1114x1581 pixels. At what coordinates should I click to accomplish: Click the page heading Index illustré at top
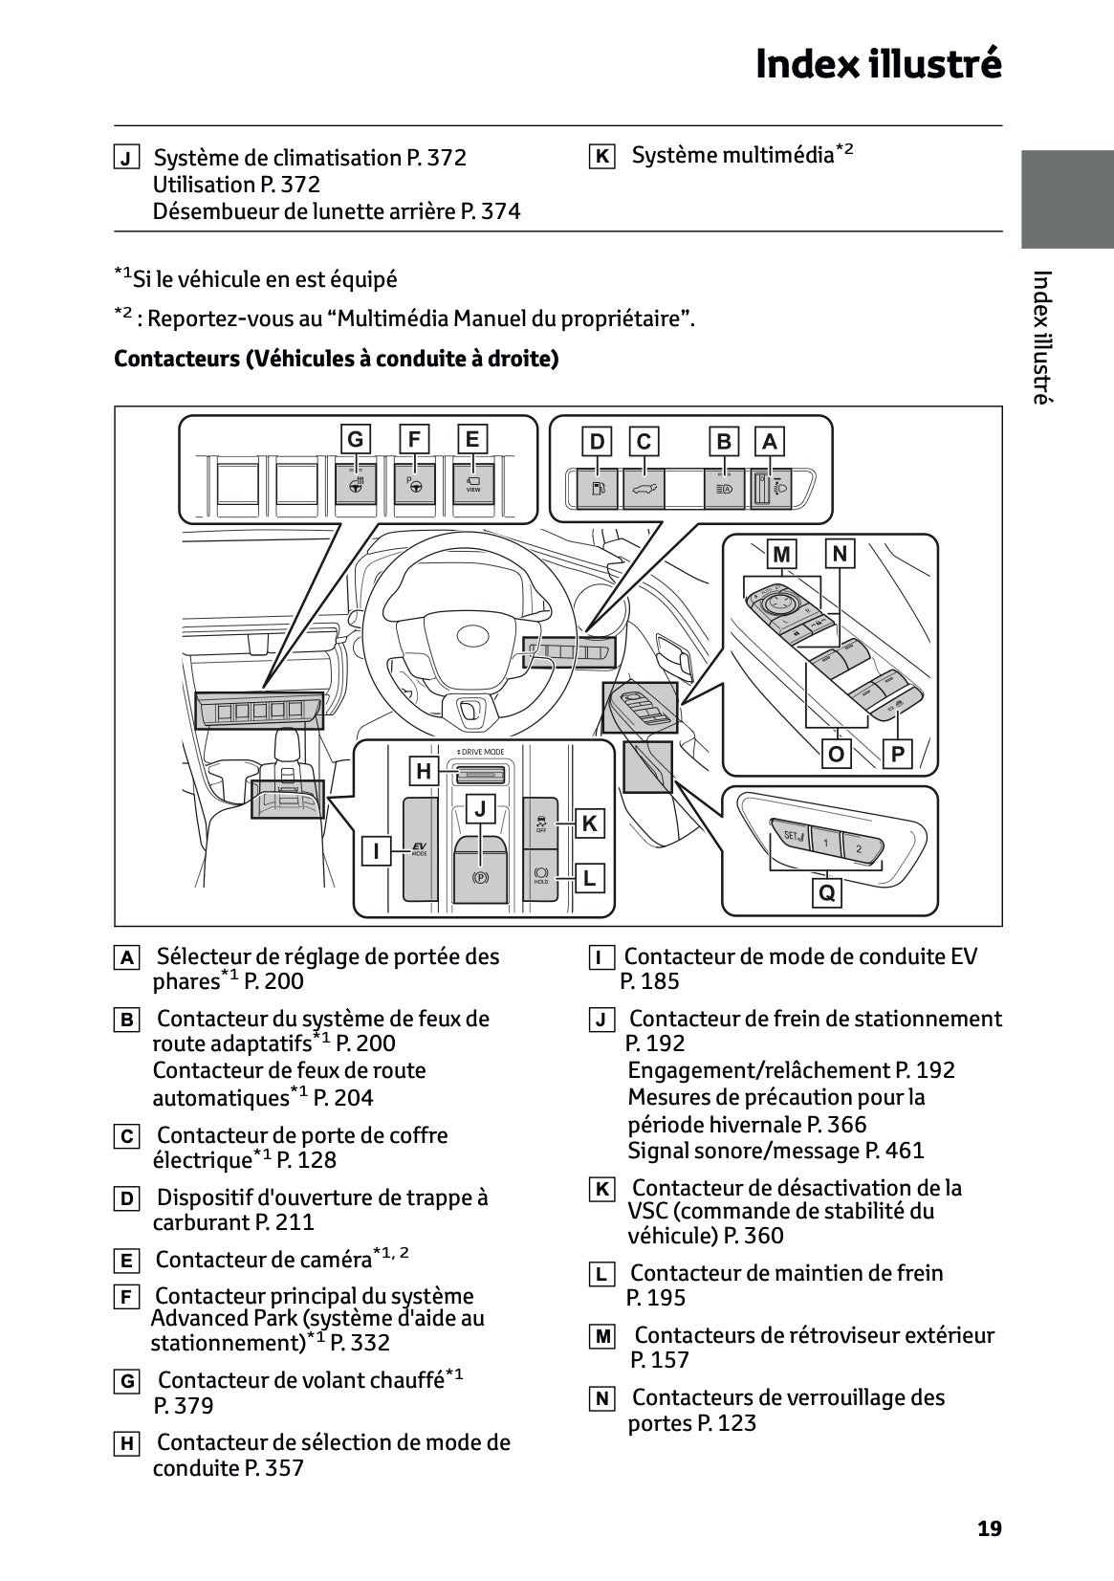[878, 64]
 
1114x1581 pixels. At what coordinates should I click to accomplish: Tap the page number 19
[990, 1528]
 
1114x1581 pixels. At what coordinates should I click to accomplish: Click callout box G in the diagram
[356, 439]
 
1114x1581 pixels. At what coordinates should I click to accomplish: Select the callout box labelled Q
[827, 892]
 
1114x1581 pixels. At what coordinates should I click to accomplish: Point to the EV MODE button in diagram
[420, 849]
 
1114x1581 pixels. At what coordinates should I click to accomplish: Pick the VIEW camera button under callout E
[473, 485]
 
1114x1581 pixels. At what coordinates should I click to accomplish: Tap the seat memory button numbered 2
[859, 848]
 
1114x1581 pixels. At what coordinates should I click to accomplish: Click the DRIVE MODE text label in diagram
[481, 752]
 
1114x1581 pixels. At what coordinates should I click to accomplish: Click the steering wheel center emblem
[472, 635]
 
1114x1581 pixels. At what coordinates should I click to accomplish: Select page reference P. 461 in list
[895, 1151]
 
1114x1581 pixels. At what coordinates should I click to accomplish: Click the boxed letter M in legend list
[601, 1337]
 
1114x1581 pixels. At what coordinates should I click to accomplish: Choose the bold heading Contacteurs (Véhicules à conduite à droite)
[337, 359]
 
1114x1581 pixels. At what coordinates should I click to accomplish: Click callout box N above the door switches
[840, 554]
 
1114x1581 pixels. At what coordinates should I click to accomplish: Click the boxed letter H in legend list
[126, 1444]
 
